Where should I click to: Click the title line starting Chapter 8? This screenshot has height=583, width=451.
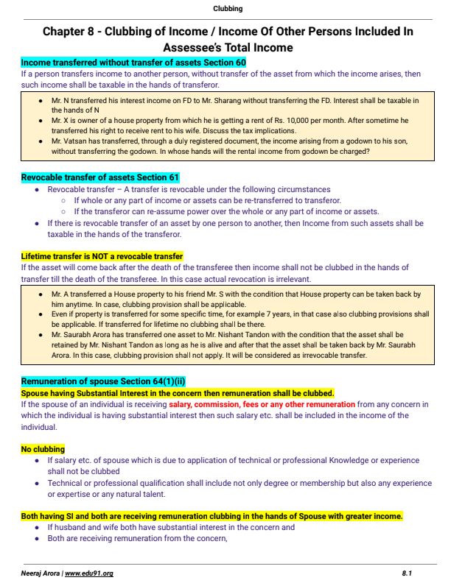tap(228, 32)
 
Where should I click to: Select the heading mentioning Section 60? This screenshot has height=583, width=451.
tap(133, 63)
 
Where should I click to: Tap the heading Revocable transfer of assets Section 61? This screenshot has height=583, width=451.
tap(99, 178)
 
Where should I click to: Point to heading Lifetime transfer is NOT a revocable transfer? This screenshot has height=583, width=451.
tap(102, 256)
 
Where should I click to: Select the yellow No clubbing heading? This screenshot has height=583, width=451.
tap(43, 449)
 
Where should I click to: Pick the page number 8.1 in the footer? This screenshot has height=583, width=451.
tap(407, 572)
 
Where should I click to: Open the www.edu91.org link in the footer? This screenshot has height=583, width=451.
tap(89, 572)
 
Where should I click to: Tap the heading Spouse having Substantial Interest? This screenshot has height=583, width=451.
tap(177, 393)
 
